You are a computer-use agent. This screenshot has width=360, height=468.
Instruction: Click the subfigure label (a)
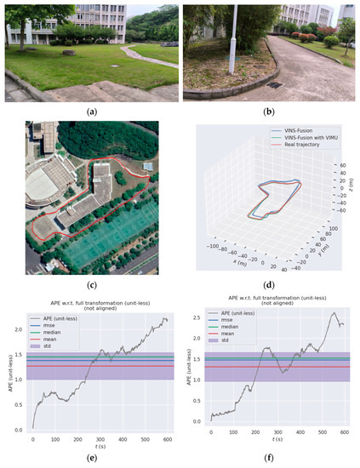pos(89,110)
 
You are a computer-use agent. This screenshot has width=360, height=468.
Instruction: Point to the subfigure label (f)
pos(271,458)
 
